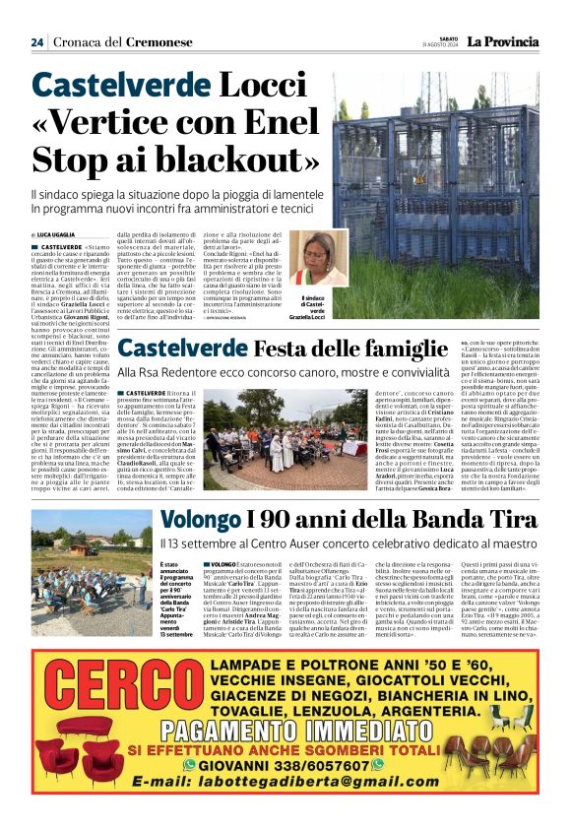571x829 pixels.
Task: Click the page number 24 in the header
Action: click(x=36, y=41)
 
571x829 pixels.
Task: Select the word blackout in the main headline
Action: click(x=181, y=159)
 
